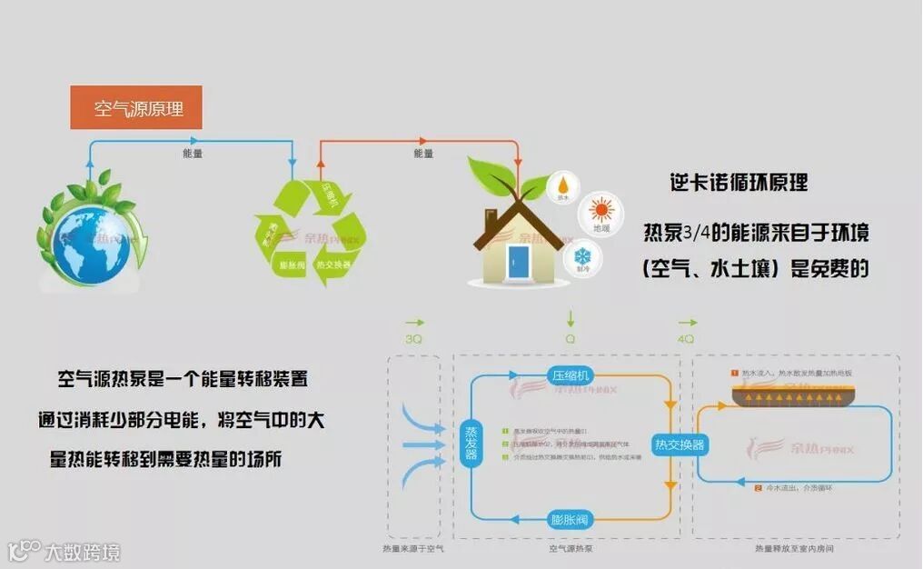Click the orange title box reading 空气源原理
136,108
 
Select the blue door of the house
519,260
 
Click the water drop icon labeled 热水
562,185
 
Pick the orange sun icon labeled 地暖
600,212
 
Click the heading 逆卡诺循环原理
738,183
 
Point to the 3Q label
413,339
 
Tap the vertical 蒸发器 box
471,442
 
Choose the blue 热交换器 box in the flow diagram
680,444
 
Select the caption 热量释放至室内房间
793,550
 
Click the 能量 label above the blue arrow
193,154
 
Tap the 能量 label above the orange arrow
423,154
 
